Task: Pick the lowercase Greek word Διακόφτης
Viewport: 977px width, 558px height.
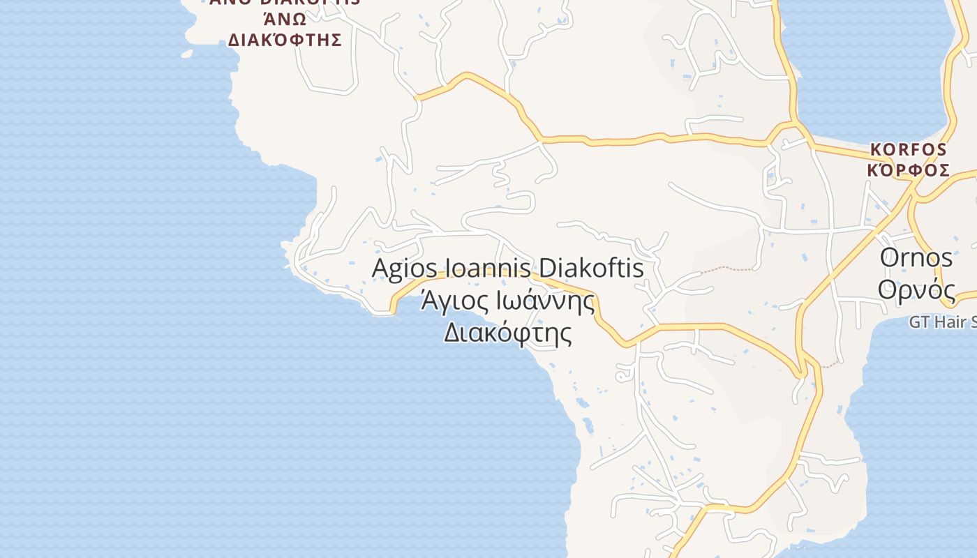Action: tap(508, 333)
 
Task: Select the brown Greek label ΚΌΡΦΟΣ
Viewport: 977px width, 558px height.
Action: tap(908, 170)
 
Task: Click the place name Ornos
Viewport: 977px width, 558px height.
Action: tap(916, 257)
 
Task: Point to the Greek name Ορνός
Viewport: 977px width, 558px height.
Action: tap(916, 288)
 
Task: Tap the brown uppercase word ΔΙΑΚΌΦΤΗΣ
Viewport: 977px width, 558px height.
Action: tap(285, 40)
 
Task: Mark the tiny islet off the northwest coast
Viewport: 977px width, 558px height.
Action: tap(186, 53)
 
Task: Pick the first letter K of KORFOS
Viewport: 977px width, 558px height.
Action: tap(875, 150)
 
